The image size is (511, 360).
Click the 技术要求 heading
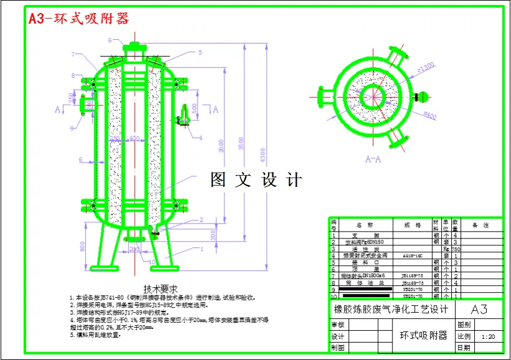click(160, 289)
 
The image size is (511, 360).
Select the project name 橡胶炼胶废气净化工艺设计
click(391, 310)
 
